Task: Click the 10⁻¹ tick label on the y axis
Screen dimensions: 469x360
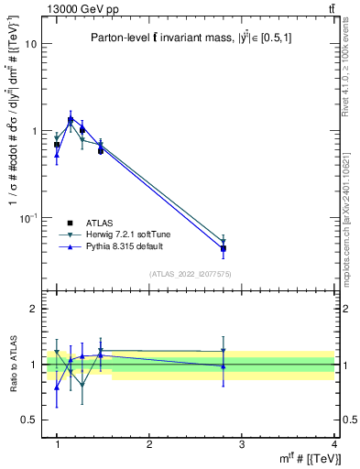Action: (28, 218)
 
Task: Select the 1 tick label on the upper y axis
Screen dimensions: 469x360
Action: (35, 131)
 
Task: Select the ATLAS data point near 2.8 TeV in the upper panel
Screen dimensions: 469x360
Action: (224, 248)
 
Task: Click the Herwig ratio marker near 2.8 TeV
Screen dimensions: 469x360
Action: (224, 350)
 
